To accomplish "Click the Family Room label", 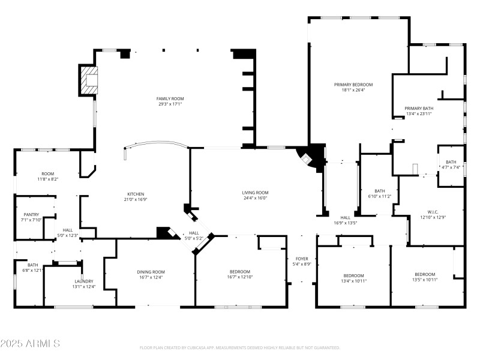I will click(170, 98).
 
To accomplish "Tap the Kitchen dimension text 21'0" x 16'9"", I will click(135, 200).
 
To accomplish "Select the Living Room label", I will click(255, 193).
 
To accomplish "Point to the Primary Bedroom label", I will click(353, 85).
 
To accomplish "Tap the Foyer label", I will click(301, 259).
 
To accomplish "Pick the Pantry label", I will click(31, 214).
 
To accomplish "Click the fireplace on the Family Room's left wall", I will click(89, 81).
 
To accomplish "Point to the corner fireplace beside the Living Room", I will click(310, 157).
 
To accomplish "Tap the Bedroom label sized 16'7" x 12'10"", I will click(239, 272).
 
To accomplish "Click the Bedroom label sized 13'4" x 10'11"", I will click(353, 275).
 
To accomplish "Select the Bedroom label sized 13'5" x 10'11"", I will click(424, 274).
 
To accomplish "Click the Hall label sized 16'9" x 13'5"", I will click(345, 217).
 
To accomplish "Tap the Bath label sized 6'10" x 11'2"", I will click(379, 191).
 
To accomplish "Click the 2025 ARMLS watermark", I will click(30, 344).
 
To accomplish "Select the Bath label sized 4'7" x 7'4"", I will click(451, 162).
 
